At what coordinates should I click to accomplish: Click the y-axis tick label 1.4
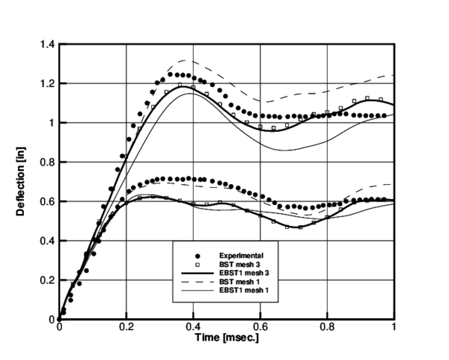pos(48,44)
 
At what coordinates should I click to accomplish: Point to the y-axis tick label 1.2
pos(48,83)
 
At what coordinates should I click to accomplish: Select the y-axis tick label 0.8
pos(48,162)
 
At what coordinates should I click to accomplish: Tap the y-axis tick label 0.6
pos(48,201)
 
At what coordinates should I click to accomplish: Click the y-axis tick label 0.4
pos(48,241)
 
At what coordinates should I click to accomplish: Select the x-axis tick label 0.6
pos(260,327)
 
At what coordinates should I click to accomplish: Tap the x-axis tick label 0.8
pos(326,327)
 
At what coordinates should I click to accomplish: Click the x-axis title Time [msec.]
pos(226,338)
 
